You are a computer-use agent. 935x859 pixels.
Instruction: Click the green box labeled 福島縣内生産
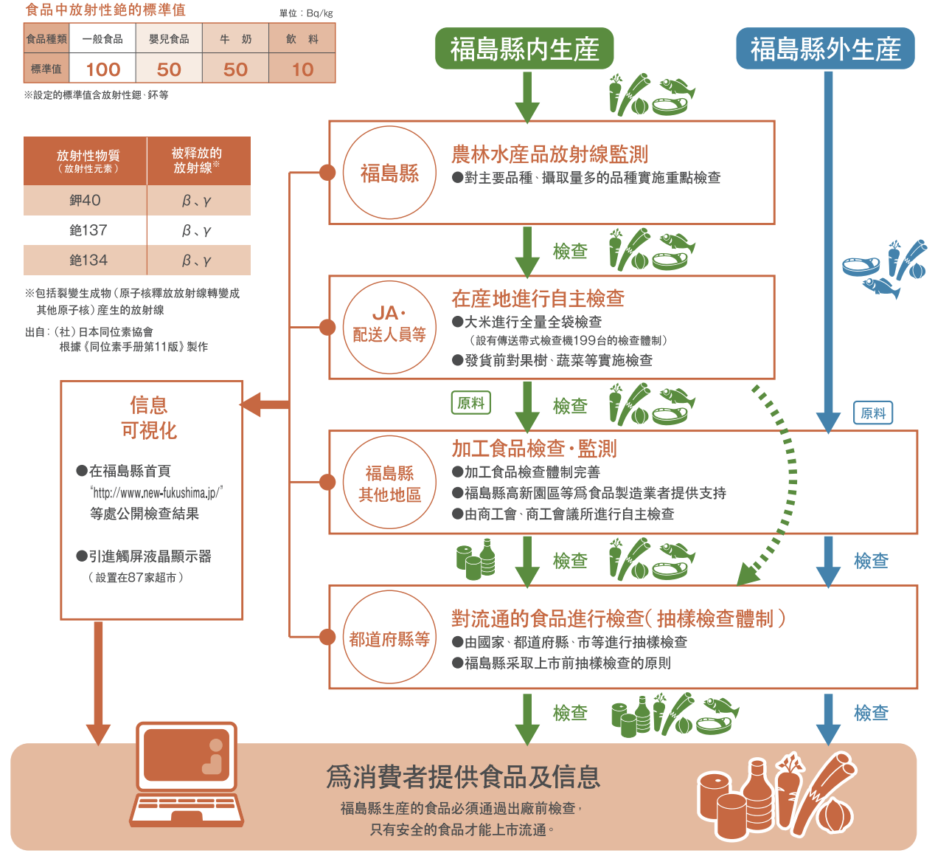(x=524, y=49)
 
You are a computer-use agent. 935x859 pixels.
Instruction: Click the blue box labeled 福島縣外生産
(x=825, y=49)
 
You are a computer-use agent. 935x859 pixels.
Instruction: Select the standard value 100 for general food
(x=102, y=69)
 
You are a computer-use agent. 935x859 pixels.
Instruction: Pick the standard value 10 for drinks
(x=302, y=69)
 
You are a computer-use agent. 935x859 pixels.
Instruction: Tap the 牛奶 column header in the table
(x=235, y=39)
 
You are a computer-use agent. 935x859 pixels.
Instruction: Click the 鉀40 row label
(x=85, y=200)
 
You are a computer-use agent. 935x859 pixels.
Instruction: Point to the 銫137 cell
(x=88, y=230)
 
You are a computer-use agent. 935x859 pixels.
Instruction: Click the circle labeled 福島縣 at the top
(x=389, y=173)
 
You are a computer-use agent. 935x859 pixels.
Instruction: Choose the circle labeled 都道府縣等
(x=389, y=638)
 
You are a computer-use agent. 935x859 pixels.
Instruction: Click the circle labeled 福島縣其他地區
(x=389, y=483)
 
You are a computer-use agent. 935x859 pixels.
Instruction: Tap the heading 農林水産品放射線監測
(x=549, y=154)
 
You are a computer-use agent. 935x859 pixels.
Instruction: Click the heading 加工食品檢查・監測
(x=534, y=449)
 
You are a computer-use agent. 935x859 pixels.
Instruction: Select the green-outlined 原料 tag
(x=470, y=403)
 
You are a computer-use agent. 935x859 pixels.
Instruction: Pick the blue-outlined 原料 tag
(x=873, y=413)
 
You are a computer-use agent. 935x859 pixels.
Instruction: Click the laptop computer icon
(x=187, y=773)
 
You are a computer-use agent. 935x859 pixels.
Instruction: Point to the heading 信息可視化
(x=149, y=418)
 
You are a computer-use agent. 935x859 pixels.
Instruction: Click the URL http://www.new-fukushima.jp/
(x=156, y=492)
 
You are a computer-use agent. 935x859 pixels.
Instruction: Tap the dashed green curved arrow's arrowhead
(x=748, y=574)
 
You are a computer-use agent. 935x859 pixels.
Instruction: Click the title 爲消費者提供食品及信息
(x=463, y=777)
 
